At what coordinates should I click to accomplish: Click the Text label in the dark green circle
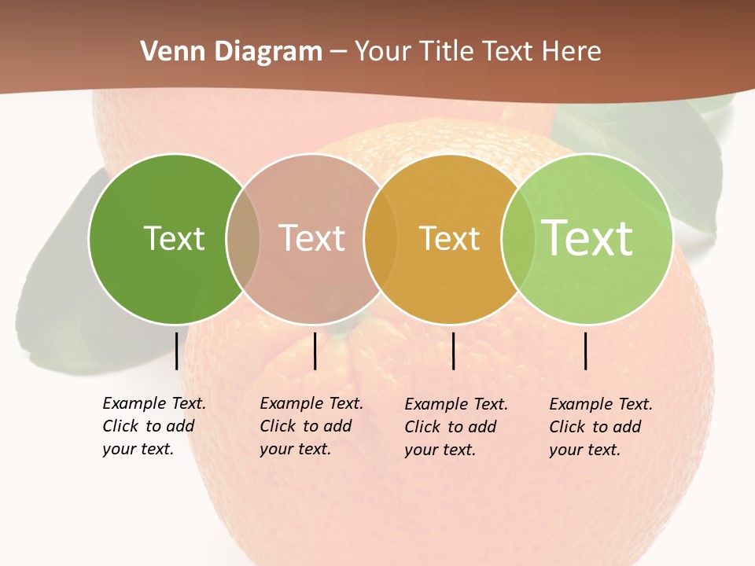point(174,238)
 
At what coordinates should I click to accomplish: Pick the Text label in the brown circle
point(312,238)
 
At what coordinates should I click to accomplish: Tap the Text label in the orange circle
point(449,238)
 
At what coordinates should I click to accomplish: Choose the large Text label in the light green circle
point(587,238)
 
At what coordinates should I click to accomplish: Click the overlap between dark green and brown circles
point(243,238)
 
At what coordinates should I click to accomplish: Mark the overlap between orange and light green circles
point(518,238)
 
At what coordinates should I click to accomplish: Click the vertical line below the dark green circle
point(176,351)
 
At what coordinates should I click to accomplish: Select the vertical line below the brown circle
point(315,351)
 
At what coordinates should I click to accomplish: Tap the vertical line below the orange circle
point(454,351)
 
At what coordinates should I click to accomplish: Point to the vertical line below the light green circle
point(586,351)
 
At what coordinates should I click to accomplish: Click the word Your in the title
point(383,52)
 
